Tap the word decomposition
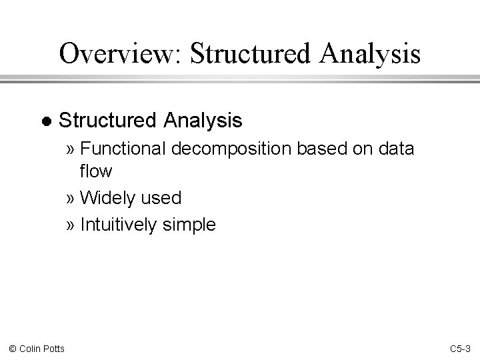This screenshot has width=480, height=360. click(231, 149)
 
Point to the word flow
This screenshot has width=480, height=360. click(96, 171)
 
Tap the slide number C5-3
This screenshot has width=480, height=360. click(460, 348)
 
